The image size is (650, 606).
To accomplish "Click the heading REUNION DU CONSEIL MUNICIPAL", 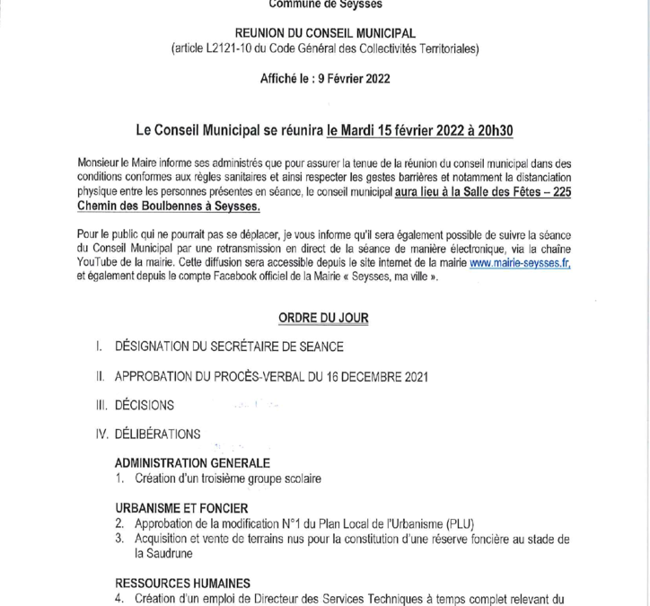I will click(324, 33).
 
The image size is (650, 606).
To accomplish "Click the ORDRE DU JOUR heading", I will click(323, 318).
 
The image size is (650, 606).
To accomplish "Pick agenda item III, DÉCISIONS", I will click(145, 405).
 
